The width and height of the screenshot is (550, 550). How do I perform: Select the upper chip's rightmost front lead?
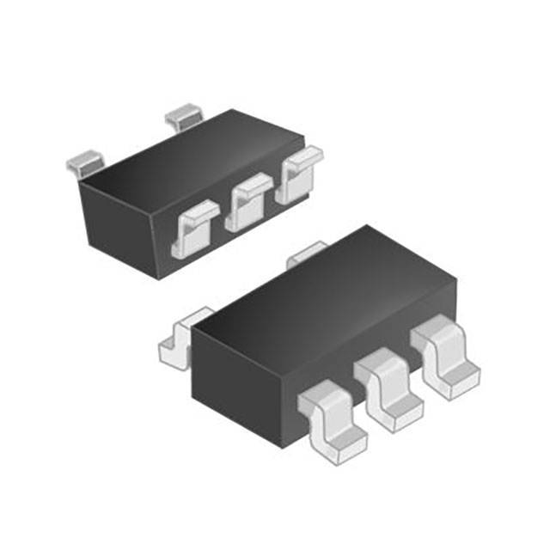pos(297,175)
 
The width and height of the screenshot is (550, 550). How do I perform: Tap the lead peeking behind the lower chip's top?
pos(306,253)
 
